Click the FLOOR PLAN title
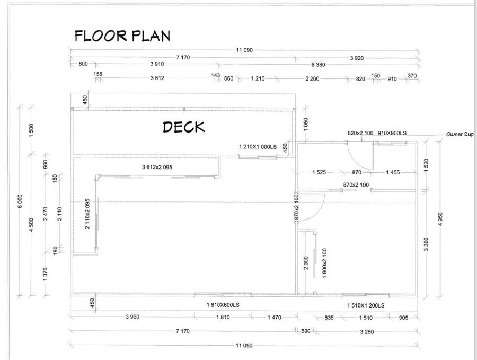[x=122, y=36]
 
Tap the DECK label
[x=184, y=127]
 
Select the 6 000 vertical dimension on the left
[x=20, y=201]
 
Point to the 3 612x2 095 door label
[x=157, y=167]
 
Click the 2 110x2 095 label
[x=87, y=214]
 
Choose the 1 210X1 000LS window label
[x=258, y=147]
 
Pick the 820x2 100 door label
[x=360, y=133]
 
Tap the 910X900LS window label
[x=392, y=133]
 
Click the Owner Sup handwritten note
[x=460, y=134]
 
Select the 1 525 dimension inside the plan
[x=319, y=172]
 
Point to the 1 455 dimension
[x=393, y=172]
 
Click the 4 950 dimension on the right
[x=440, y=219]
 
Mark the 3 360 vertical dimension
[x=426, y=244]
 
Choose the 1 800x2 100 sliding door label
[x=324, y=263]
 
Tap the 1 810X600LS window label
[x=223, y=305]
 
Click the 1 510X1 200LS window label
[x=366, y=305]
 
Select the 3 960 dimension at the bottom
[x=132, y=317]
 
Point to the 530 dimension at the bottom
[x=305, y=331]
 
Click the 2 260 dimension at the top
[x=312, y=79]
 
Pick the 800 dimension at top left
[x=83, y=64]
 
